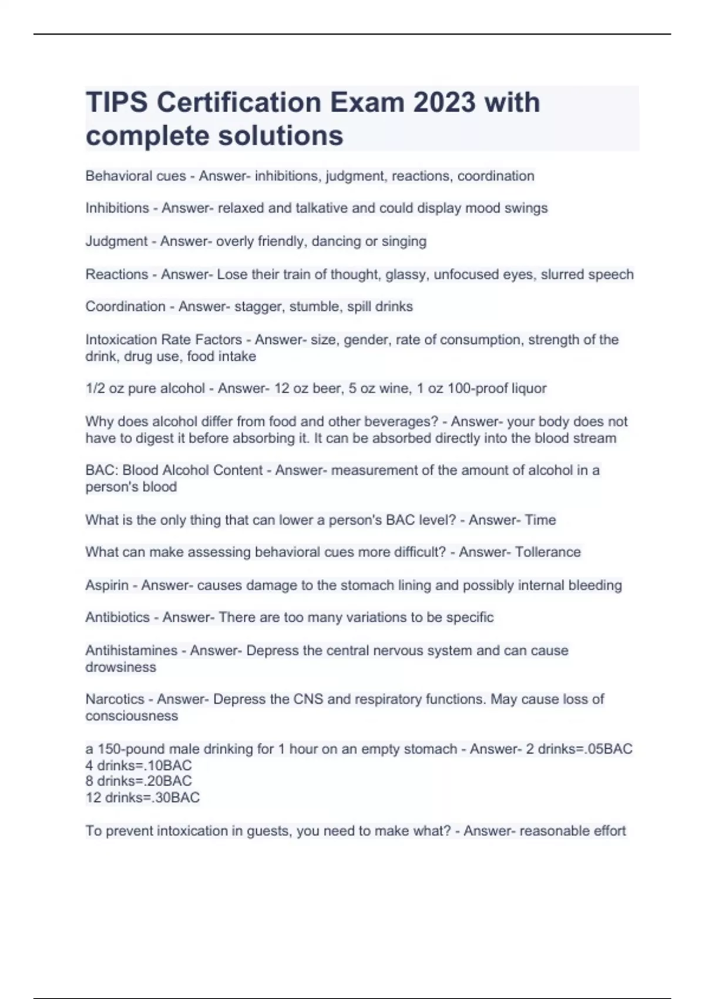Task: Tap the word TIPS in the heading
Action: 117,103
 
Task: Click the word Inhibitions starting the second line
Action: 117,208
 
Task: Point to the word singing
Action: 404,242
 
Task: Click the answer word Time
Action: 540,520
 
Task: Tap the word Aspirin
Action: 107,585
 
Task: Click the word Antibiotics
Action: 117,618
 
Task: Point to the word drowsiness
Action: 120,668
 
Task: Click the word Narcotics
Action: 115,699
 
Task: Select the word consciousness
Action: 131,716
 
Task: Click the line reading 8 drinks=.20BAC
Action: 139,782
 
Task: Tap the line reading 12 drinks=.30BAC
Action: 142,798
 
